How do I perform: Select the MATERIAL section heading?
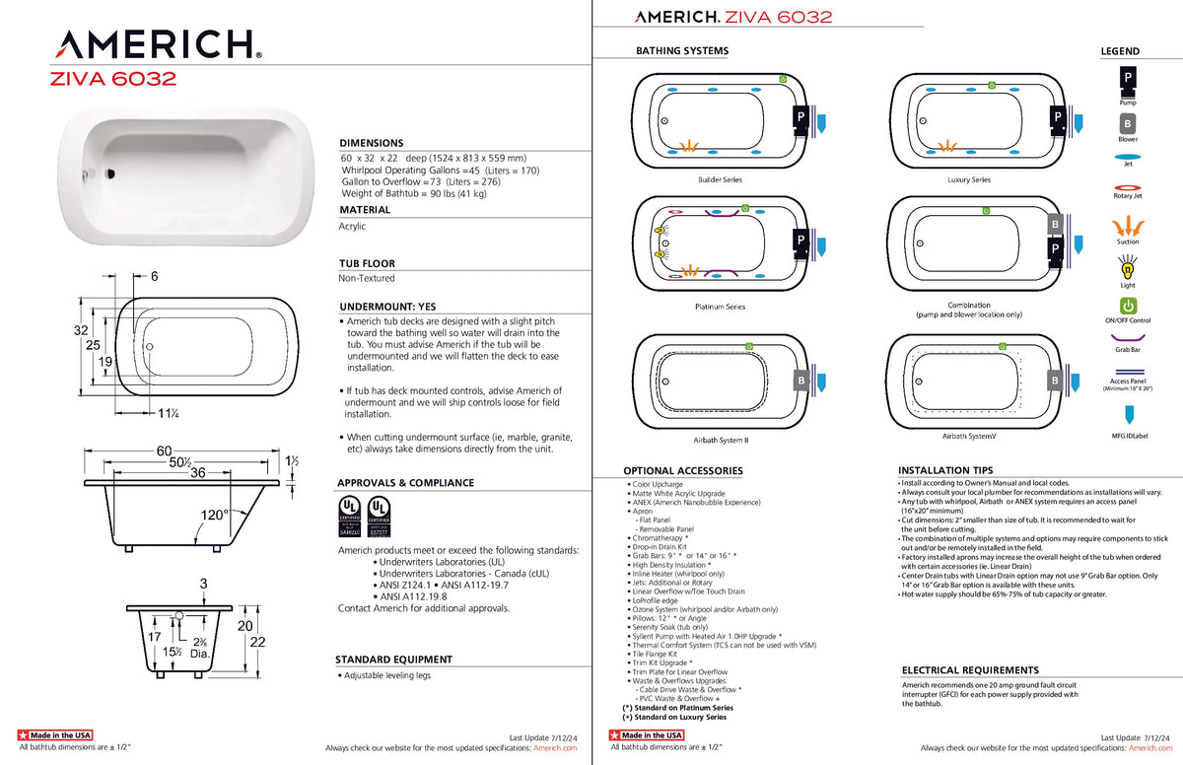click(365, 210)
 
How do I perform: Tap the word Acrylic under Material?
click(352, 227)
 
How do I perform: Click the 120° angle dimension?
click(215, 515)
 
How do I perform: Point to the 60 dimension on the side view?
click(165, 452)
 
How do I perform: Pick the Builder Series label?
click(720, 180)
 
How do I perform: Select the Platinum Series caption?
click(720, 307)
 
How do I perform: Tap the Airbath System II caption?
click(720, 440)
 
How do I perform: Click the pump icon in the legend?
click(1128, 79)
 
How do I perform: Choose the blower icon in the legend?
click(1128, 124)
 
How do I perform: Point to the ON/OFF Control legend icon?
click(1128, 306)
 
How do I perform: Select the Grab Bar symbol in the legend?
click(1128, 337)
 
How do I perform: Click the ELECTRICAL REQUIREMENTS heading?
click(970, 670)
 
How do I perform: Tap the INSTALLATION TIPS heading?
click(945, 471)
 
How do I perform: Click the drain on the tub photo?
click(110, 174)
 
